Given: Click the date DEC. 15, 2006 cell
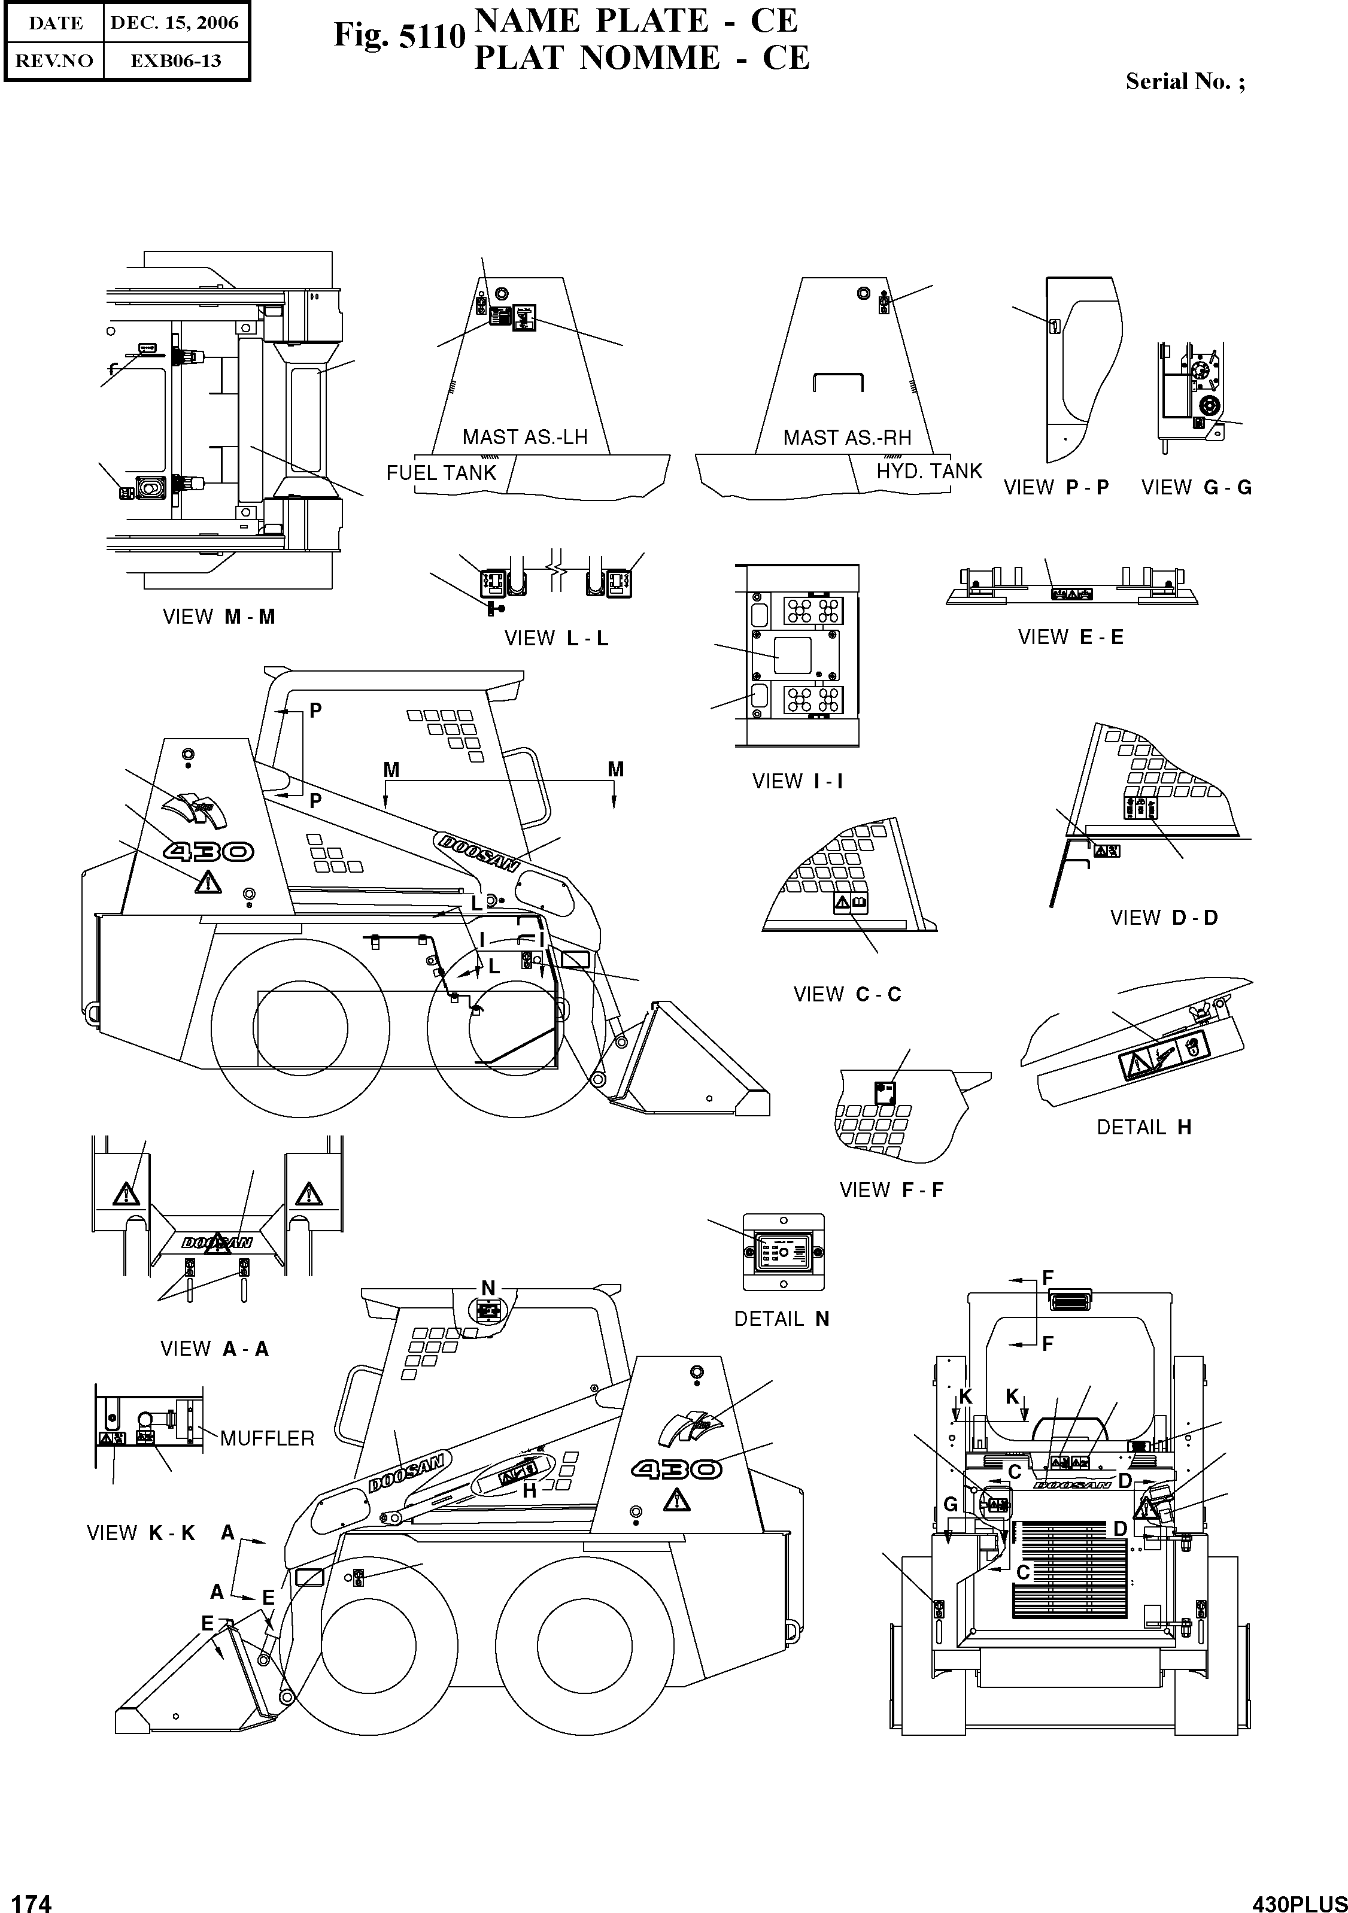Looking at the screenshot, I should pos(174,23).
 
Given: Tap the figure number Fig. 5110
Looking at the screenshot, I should pos(399,36).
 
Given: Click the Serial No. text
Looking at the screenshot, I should pos(1185,81).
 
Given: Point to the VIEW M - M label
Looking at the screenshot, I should pos(218,617).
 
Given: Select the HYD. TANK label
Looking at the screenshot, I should pos(929,472).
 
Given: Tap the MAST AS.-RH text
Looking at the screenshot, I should pos(846,438).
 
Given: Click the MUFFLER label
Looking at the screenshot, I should pos(266,1439).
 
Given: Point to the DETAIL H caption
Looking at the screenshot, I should pos(1143,1127).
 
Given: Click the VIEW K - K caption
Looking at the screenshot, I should pos(141,1533).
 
